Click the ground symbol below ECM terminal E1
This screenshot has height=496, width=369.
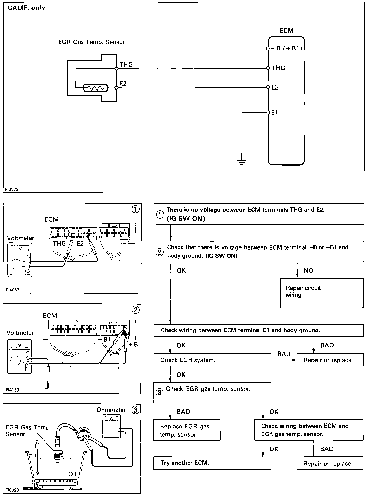click(x=242, y=162)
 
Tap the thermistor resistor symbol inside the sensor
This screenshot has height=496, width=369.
click(x=96, y=88)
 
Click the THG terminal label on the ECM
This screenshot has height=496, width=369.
click(x=279, y=68)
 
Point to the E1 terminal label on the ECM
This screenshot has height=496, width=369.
click(x=275, y=112)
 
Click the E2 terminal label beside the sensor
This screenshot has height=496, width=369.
click(x=123, y=83)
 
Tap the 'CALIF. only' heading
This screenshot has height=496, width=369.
click(x=26, y=8)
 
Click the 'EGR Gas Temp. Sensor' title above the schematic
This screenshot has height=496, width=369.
click(x=91, y=42)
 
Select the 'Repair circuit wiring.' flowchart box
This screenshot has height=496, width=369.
click(x=322, y=293)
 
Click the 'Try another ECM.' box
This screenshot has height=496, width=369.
click(x=212, y=463)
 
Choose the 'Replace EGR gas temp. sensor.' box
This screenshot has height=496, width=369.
click(x=187, y=430)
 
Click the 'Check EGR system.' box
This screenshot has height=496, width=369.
click(x=212, y=360)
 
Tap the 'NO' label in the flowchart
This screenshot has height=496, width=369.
click(x=308, y=271)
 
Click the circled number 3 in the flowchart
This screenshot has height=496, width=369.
click(x=159, y=393)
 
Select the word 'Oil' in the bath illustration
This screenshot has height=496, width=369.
click(x=72, y=474)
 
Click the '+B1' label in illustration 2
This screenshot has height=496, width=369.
click(x=105, y=339)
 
